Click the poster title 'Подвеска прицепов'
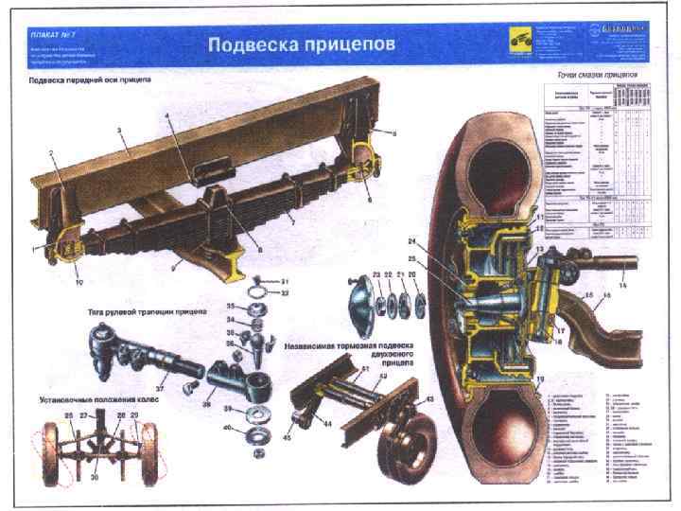(x=302, y=44)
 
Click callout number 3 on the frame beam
(x=120, y=128)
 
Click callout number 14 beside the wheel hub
(x=621, y=285)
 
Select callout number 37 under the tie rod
(x=160, y=388)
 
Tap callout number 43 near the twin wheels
(x=429, y=399)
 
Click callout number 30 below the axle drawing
(x=95, y=478)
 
